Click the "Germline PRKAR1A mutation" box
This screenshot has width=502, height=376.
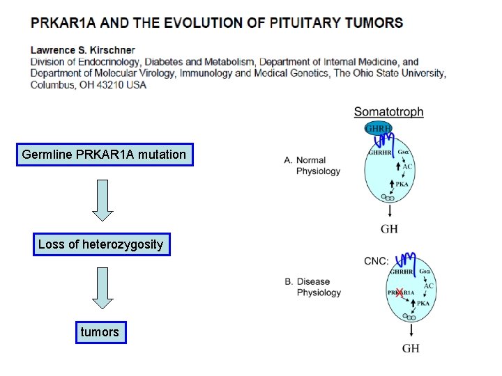(x=104, y=155)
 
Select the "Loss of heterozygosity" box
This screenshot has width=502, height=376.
(x=101, y=244)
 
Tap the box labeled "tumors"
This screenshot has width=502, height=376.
(x=100, y=332)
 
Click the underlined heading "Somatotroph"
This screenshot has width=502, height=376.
(x=388, y=111)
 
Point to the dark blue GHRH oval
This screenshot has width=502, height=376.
(x=379, y=129)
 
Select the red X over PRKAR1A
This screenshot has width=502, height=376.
(x=400, y=292)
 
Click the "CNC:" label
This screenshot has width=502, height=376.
(x=376, y=261)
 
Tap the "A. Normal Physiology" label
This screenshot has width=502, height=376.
(x=312, y=166)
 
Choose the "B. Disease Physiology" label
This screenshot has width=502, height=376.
(x=313, y=287)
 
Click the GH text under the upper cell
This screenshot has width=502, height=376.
(x=389, y=228)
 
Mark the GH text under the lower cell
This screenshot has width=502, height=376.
(x=411, y=347)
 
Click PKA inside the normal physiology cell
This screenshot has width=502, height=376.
(x=402, y=184)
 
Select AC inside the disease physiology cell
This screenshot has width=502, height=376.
(x=428, y=286)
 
